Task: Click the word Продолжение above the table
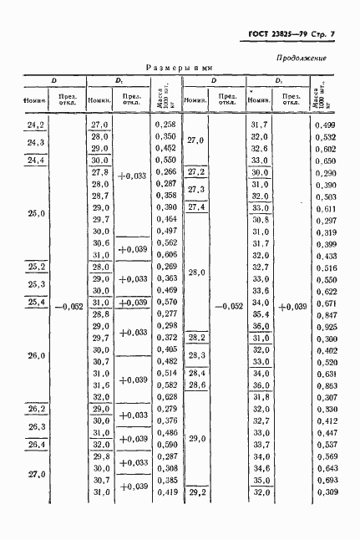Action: click(299, 58)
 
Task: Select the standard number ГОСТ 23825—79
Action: click(276, 33)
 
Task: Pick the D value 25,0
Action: click(36, 213)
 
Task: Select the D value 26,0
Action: click(36, 355)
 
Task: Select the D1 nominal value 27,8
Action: click(100, 171)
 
